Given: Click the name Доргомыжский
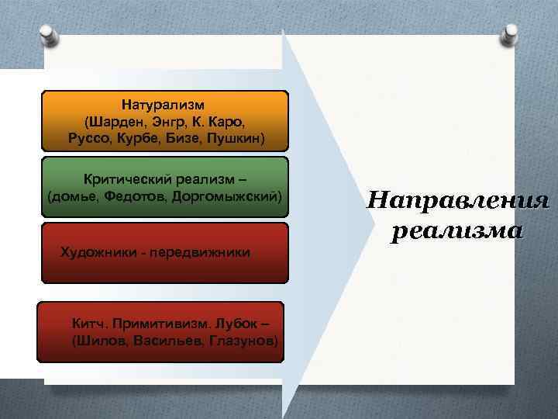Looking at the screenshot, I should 229,196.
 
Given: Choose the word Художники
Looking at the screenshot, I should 98,253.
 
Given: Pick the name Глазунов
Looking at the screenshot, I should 241,341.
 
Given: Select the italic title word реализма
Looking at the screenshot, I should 457,230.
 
